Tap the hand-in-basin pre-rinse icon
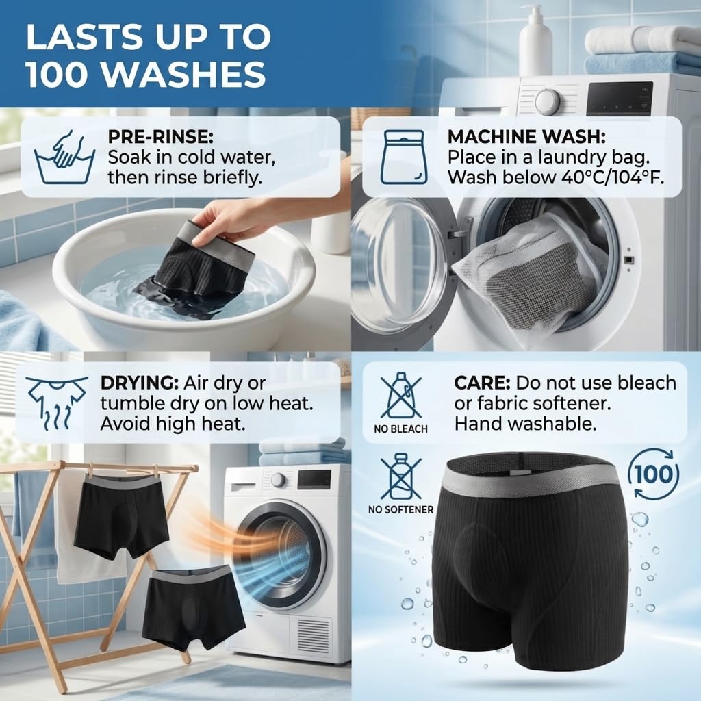pos(64,157)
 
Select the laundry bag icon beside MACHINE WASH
pos(401,157)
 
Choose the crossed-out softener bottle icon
pos(400,476)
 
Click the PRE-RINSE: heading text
pos(161,137)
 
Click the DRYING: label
pos(139,383)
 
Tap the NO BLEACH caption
pos(400,429)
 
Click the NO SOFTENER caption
pos(400,509)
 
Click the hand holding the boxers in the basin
pos(228,219)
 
